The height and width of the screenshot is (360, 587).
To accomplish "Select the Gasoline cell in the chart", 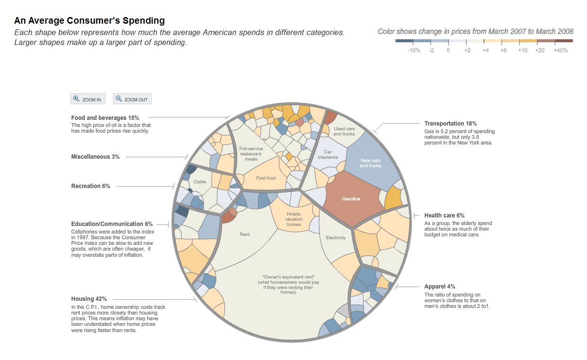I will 351,199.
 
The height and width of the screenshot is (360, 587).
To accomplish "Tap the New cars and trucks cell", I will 370,163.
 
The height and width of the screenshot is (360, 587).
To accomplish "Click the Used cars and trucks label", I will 344,131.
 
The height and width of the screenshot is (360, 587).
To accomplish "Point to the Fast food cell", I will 266,178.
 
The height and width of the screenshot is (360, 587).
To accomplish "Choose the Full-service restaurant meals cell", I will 251,153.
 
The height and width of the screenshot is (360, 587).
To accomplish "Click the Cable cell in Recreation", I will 200,182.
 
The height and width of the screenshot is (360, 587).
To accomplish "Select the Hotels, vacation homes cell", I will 293,219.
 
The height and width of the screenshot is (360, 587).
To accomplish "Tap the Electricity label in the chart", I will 336,238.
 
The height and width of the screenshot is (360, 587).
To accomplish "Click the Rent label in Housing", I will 245,234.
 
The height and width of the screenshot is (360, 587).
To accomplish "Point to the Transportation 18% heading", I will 450,124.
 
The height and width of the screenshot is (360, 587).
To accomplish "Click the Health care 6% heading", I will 444,216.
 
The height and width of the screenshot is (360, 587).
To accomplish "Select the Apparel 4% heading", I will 440,287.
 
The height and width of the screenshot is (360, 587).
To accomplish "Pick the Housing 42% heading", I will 89,299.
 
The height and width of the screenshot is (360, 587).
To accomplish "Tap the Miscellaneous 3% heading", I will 95,157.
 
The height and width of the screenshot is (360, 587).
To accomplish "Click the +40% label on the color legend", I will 560,50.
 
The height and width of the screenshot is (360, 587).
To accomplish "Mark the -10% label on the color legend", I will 413,50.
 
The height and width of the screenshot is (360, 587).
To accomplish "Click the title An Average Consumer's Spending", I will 89,21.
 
